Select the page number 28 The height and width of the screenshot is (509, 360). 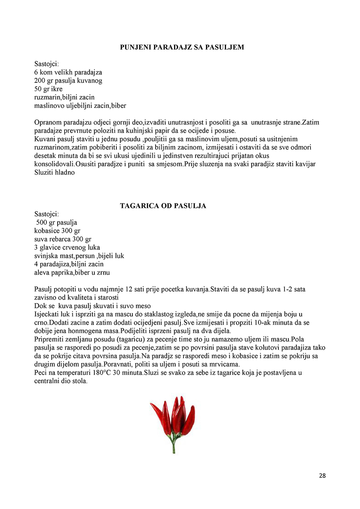pos(322,475)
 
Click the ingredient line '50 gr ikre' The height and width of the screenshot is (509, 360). pos(48,89)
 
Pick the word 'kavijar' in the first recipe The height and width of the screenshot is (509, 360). pos(305,164)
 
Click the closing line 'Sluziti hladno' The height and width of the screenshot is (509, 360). pos(54,173)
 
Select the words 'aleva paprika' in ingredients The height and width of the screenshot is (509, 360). pos(53,273)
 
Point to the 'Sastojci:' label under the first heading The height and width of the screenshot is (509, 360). pos(47,64)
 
